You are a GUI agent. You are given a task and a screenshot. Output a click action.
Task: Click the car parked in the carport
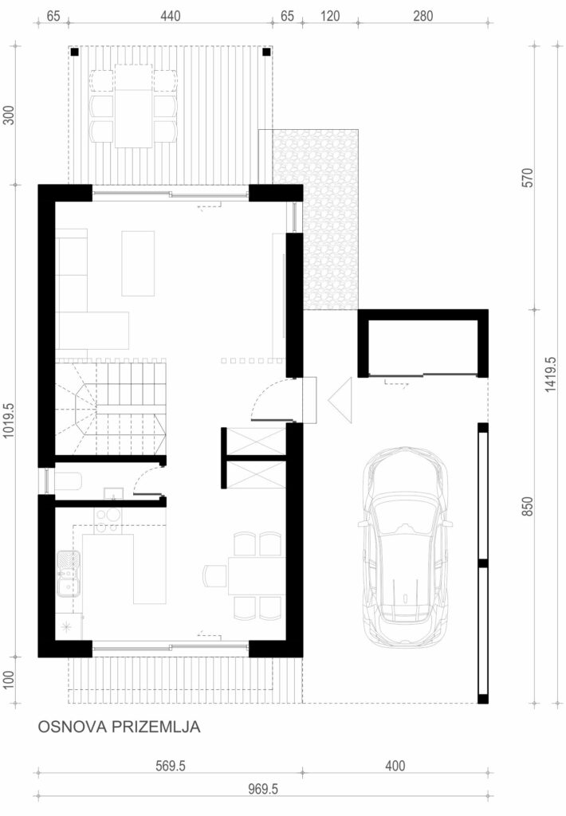click(x=405, y=547)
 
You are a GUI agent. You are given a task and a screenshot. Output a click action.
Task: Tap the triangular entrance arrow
click(x=340, y=400)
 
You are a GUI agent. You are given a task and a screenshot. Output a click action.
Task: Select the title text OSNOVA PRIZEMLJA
click(x=120, y=727)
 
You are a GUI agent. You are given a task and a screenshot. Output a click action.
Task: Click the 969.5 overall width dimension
click(x=263, y=789)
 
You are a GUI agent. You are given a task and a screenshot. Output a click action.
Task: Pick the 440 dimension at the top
click(x=171, y=16)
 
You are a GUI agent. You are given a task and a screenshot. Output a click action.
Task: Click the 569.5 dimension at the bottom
click(x=171, y=766)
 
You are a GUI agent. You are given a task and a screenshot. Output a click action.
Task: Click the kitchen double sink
click(x=69, y=574)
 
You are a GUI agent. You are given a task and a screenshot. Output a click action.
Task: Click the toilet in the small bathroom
click(x=68, y=481)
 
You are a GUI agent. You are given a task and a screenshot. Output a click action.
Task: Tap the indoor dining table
click(x=257, y=575)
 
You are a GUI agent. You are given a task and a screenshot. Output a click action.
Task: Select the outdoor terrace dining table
click(x=133, y=106)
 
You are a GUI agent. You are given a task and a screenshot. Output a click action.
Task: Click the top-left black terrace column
click(x=74, y=52)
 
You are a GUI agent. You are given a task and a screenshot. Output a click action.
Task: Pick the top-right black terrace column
click(x=266, y=52)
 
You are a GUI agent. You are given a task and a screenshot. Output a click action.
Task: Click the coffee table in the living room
click(x=138, y=263)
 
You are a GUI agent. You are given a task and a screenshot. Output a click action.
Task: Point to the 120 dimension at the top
click(x=330, y=16)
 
